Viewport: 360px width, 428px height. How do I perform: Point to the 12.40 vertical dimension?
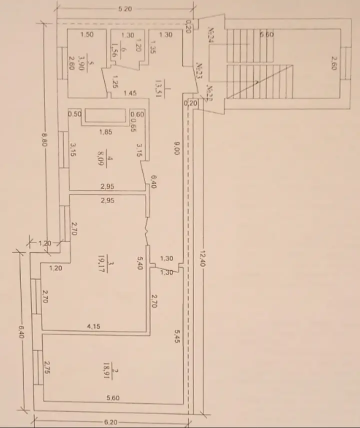(202, 257)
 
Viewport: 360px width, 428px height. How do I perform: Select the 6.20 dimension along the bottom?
(111, 423)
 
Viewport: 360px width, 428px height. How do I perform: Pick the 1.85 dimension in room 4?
(105, 132)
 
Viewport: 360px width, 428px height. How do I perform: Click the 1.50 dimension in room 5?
(87, 35)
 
